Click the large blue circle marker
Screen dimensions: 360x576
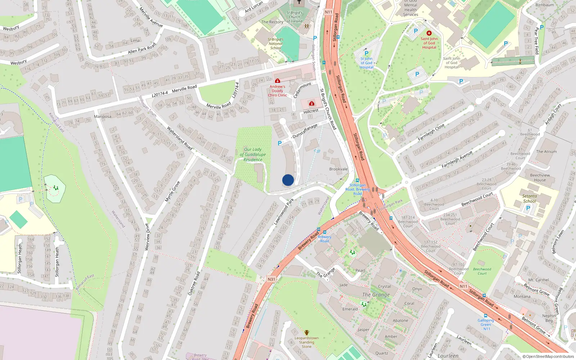288,180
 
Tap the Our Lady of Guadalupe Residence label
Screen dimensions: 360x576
253,154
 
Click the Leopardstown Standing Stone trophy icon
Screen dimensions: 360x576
306,333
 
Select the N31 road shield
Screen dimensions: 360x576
271,279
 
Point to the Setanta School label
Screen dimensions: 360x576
529,199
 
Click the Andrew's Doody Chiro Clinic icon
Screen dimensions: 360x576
277,81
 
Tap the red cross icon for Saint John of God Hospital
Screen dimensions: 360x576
429,33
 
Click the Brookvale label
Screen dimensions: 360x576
338,169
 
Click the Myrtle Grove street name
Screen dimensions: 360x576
172,192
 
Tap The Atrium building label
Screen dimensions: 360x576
546,152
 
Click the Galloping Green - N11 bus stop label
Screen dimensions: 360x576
486,324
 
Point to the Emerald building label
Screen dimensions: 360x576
350,309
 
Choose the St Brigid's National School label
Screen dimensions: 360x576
276,44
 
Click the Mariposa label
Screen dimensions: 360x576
103,117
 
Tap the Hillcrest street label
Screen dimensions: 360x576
311,111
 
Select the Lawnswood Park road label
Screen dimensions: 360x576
284,212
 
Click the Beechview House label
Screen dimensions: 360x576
540,177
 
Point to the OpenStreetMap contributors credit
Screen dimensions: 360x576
548,357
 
